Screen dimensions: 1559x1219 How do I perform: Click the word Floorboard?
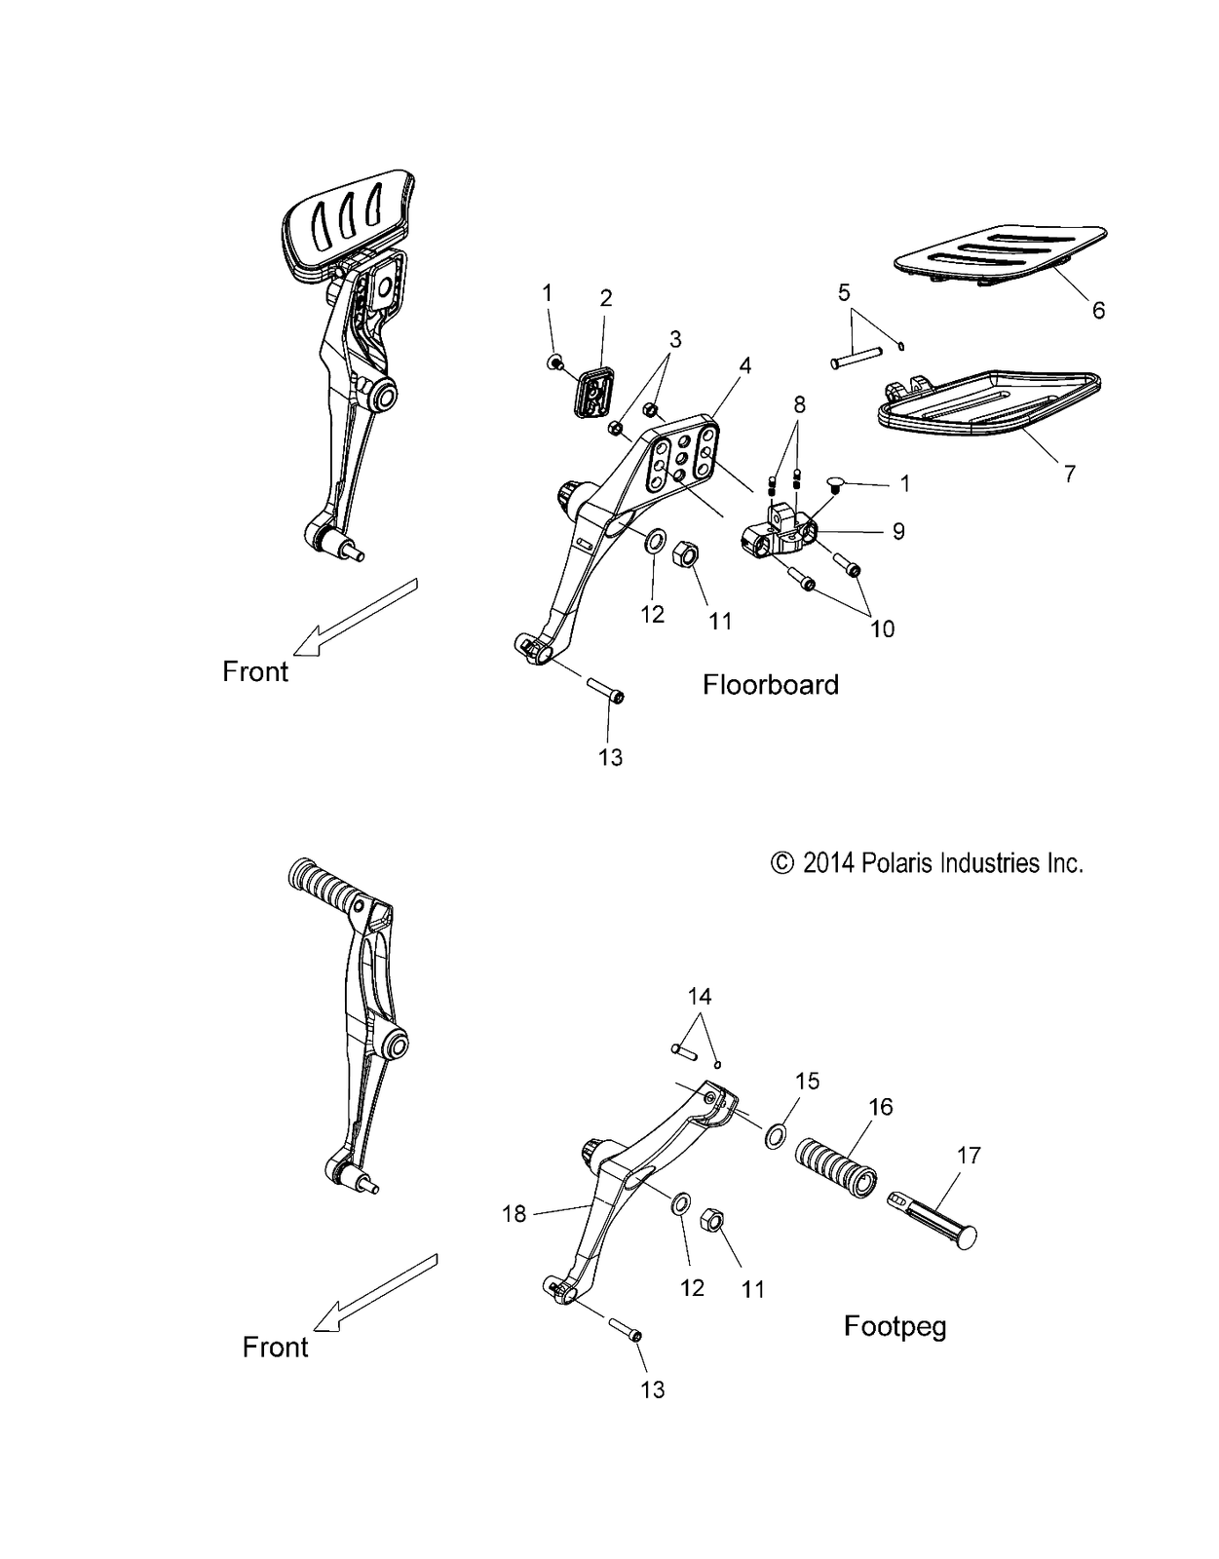click(770, 685)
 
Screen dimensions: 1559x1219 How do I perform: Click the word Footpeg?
click(895, 1326)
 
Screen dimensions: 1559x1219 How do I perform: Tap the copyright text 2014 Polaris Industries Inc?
click(927, 863)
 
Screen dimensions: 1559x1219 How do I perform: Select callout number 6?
click(1098, 311)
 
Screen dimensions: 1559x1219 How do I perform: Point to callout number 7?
click(1070, 475)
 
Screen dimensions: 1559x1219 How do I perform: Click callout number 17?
click(969, 1156)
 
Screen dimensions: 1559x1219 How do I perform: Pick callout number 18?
click(514, 1214)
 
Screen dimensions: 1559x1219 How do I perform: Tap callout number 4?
click(745, 366)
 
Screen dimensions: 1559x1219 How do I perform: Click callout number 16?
click(881, 1107)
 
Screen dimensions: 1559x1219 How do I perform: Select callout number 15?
click(808, 1082)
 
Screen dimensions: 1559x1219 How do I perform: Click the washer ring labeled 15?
click(775, 1136)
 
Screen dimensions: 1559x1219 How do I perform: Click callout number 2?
click(606, 298)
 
